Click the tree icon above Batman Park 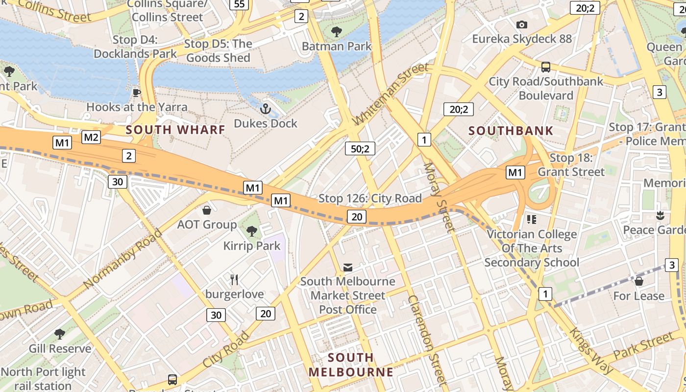(336, 32)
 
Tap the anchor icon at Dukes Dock (266, 109)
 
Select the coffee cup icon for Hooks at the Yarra (137, 93)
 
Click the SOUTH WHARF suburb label (175, 130)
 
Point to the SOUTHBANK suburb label (511, 131)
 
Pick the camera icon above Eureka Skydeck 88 (522, 24)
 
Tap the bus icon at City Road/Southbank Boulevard (545, 67)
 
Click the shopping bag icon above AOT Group (207, 210)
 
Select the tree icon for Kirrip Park (252, 231)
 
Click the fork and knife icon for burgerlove (234, 280)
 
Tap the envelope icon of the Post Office (347, 267)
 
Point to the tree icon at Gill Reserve (60, 334)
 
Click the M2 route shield (91, 137)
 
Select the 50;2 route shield (360, 148)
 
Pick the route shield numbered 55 (239, 4)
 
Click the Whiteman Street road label (390, 94)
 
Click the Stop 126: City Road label (370, 198)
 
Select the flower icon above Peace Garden (660, 215)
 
